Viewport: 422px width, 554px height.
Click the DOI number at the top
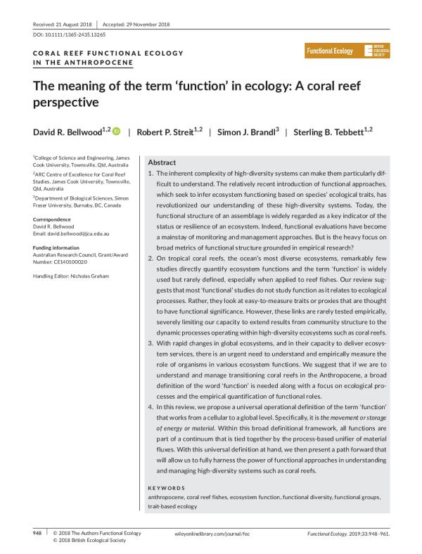pos(70,34)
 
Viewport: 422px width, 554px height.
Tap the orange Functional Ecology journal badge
pos(331,51)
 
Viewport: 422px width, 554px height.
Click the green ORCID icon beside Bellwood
pos(117,131)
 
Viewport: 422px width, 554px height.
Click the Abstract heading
pos(162,162)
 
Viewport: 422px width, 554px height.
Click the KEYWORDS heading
pos(167,488)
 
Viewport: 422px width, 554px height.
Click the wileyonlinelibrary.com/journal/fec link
pos(212,535)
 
